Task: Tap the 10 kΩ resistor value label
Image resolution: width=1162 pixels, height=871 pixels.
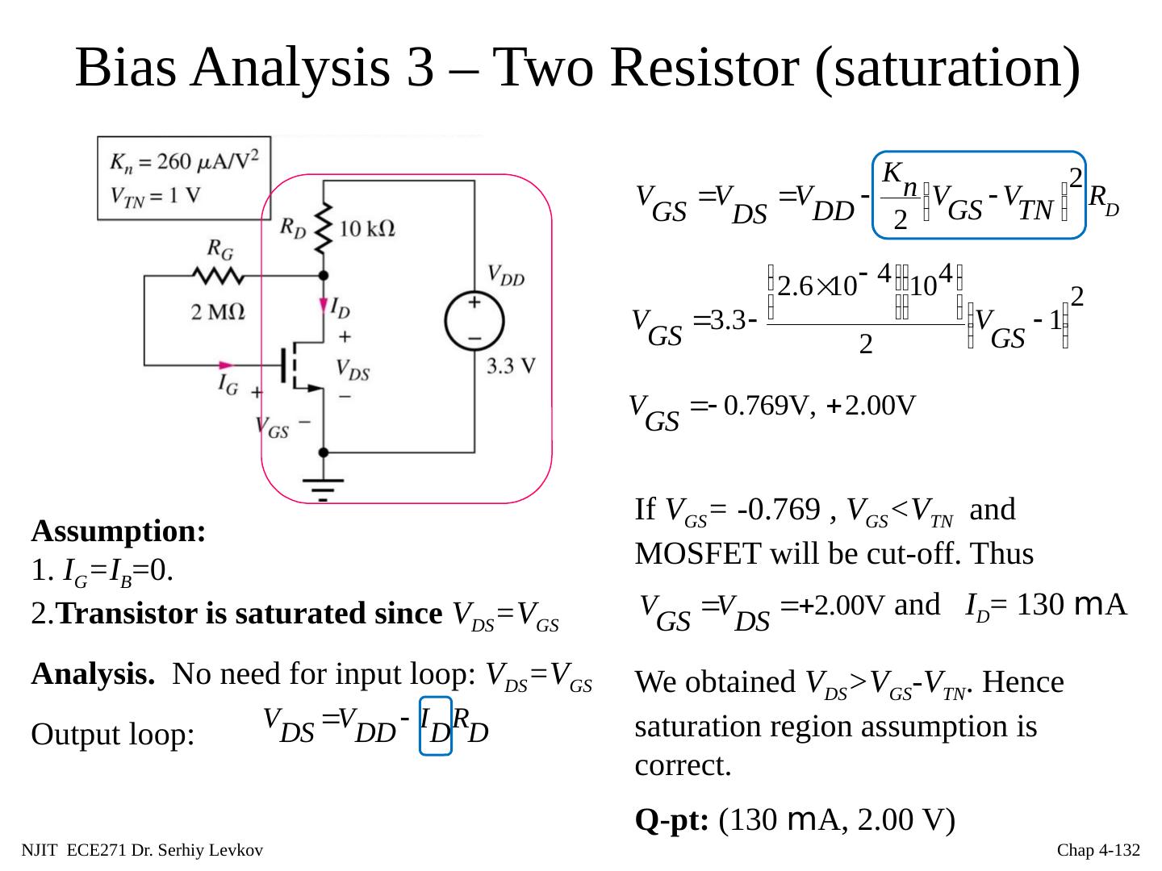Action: pyautogui.click(x=366, y=228)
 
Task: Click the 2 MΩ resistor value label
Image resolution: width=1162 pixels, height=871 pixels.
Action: pyautogui.click(x=217, y=311)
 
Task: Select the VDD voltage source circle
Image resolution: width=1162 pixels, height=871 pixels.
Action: pyautogui.click(x=474, y=321)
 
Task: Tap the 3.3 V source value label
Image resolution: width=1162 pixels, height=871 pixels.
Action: pyautogui.click(x=511, y=365)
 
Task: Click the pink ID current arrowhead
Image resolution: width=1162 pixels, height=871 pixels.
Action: pyautogui.click(x=324, y=307)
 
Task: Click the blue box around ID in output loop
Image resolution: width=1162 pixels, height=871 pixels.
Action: pyautogui.click(x=436, y=726)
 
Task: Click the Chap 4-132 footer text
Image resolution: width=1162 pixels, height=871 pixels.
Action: pyautogui.click(x=1098, y=850)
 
